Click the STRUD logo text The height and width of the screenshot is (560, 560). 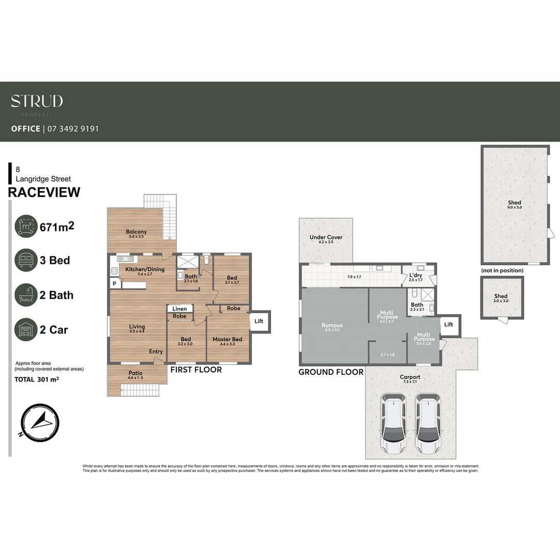click(x=37, y=101)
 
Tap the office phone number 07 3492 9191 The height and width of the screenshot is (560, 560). click(x=73, y=129)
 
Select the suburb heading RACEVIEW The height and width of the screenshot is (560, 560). click(x=45, y=192)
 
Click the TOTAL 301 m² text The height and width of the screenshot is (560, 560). click(x=36, y=380)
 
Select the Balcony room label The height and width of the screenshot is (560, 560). click(x=136, y=232)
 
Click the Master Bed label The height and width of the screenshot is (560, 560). click(x=227, y=340)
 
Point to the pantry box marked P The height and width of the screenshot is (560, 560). click(x=114, y=284)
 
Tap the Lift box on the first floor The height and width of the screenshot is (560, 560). click(x=259, y=321)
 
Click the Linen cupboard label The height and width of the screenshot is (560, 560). click(x=179, y=309)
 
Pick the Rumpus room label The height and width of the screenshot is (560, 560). click(x=332, y=326)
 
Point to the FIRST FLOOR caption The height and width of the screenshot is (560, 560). click(x=196, y=370)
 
